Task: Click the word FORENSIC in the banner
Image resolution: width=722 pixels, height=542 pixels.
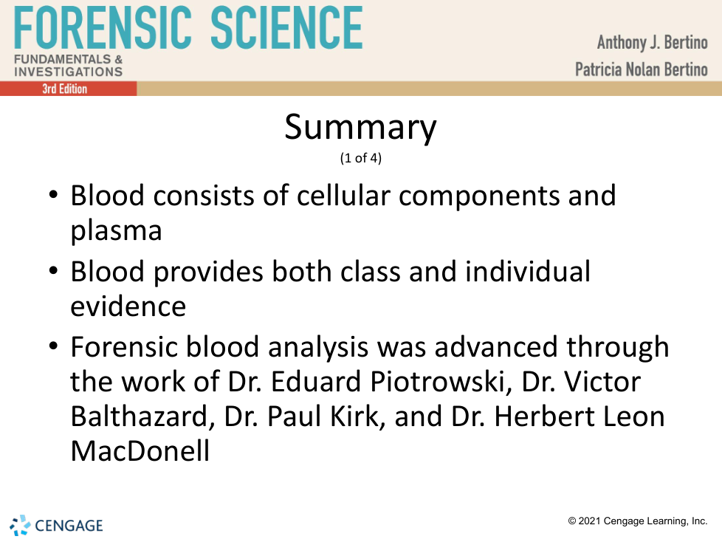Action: coord(103,27)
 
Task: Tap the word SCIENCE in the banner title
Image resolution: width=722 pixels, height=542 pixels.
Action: coord(287,27)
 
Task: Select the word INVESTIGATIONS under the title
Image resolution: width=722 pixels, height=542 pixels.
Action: coord(69,72)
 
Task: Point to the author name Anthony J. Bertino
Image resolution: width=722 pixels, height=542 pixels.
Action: coord(652,42)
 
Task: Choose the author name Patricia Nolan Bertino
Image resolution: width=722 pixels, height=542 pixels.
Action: coord(641,69)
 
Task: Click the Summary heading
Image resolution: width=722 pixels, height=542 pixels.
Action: coord(360,127)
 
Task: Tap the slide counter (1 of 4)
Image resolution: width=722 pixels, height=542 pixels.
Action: coord(360,158)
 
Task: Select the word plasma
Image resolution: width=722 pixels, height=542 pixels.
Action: coord(116,231)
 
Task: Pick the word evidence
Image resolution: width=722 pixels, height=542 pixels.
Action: coord(128,306)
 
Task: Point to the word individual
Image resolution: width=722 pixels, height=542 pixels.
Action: coord(528,271)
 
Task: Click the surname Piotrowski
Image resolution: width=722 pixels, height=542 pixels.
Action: coord(441,381)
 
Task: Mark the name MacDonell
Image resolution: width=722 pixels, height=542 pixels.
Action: coord(140,450)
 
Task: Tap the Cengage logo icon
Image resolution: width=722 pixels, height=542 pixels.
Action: coord(20,526)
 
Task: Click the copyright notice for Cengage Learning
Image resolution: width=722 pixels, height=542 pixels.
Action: coord(637,521)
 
